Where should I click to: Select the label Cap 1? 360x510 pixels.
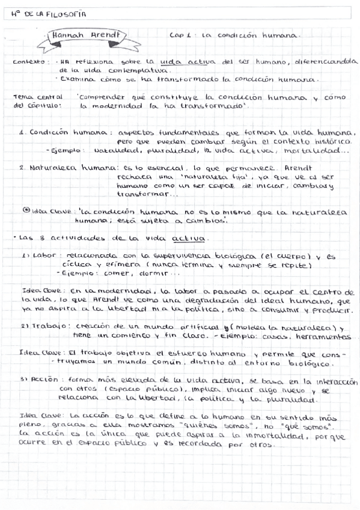pyautogui.click(x=182, y=36)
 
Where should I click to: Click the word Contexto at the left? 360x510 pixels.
pyautogui.click(x=28, y=61)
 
